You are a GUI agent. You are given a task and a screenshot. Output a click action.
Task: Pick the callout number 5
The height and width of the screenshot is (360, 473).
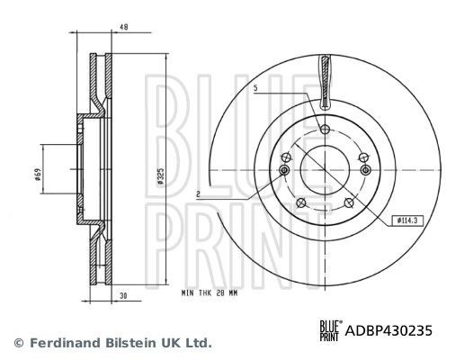(x=255, y=87)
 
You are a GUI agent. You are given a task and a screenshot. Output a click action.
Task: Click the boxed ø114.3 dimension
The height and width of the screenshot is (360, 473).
(x=408, y=220)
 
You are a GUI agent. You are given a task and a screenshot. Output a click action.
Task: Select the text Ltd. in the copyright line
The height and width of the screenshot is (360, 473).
(x=199, y=343)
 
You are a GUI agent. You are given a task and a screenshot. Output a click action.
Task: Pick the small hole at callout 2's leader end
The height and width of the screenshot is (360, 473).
(x=285, y=170)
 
